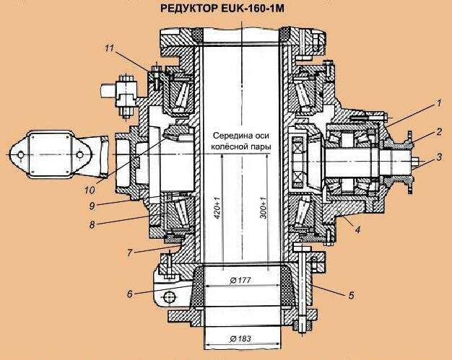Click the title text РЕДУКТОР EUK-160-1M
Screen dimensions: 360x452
click(226, 12)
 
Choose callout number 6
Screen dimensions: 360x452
click(129, 294)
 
